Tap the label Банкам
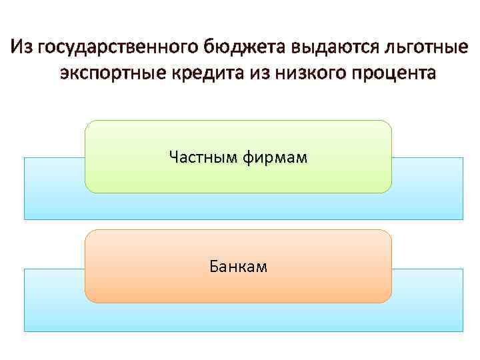pos(238,267)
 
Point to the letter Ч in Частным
pos(174,157)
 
